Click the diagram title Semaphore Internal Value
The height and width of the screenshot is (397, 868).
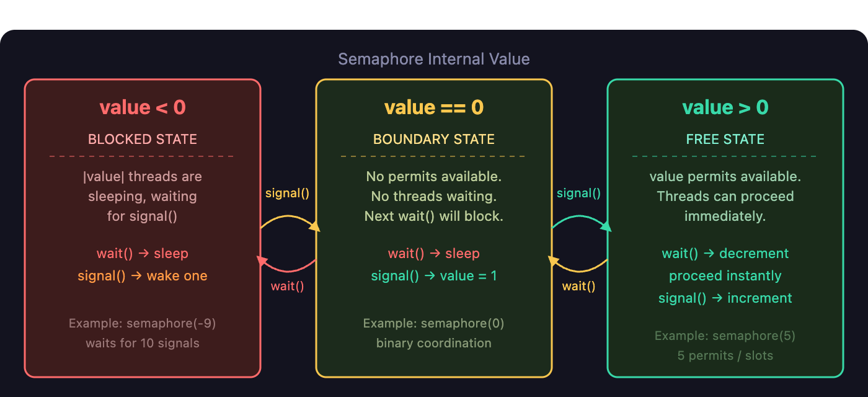pos(433,60)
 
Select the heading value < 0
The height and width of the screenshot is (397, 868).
pos(143,107)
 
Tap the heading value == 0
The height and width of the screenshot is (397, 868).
pos(434,107)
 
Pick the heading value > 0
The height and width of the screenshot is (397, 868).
pos(725,107)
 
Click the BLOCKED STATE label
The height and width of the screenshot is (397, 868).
pos(143,139)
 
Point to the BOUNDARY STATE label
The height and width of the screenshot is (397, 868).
pos(434,139)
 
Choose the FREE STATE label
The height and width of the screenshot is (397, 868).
pos(725,139)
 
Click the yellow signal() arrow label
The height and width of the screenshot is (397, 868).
pos(287,193)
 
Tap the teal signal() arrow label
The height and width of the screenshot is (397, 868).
pos(578,193)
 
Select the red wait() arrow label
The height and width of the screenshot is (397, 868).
pos(287,286)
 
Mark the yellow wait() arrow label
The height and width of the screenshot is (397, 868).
pos(578,286)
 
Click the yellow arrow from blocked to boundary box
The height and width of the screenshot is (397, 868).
pos(289,216)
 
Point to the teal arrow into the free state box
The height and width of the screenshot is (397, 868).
pos(580,216)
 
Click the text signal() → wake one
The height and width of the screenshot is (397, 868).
pos(143,275)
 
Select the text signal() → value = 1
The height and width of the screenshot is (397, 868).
pos(434,275)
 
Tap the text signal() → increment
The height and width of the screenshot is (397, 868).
pos(725,298)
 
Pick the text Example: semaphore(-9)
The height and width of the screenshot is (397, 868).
pos(143,323)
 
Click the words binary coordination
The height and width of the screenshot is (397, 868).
pos(434,343)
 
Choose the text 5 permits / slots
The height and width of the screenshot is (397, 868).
pos(725,355)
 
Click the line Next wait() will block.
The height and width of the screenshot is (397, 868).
pos(434,216)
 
